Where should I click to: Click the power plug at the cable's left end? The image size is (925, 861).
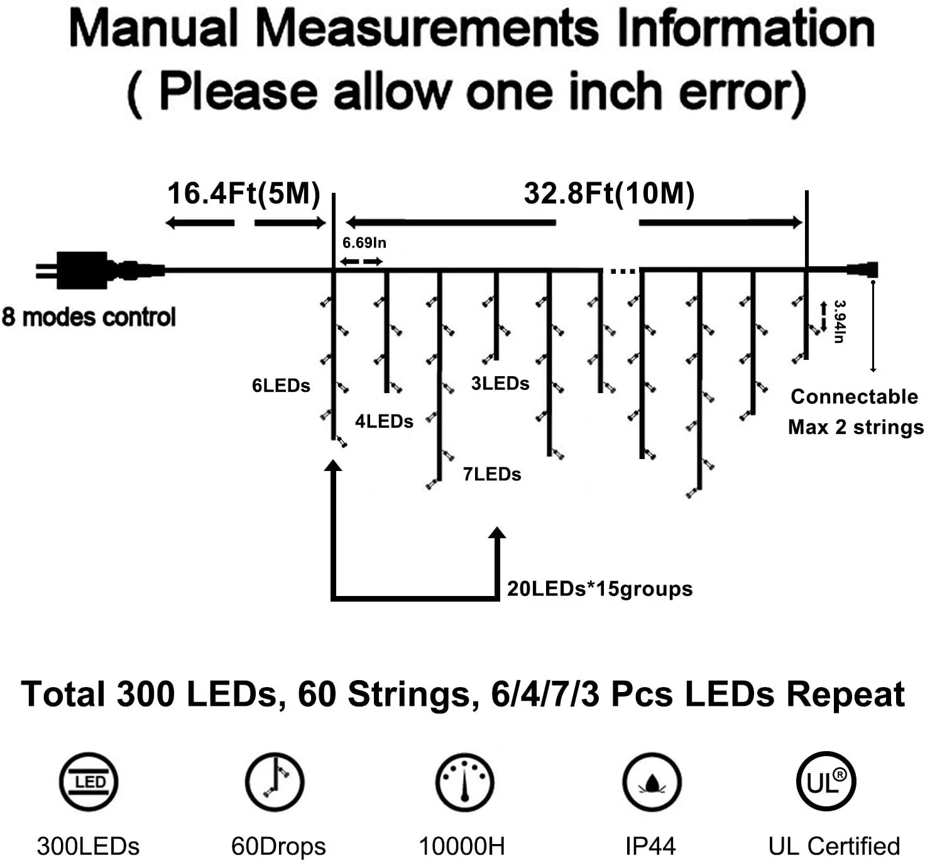[x=82, y=270]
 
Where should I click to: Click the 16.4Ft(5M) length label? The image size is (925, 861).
[x=244, y=193]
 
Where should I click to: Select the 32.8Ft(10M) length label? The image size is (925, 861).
[x=609, y=193]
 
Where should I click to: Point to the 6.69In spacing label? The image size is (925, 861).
[x=364, y=243]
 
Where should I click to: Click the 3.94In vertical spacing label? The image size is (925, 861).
[x=839, y=321]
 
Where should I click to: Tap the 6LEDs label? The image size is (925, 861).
[x=281, y=386]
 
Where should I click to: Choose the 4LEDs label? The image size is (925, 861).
[x=384, y=421]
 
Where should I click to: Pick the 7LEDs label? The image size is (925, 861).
[x=492, y=474]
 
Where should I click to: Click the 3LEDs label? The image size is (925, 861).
[x=500, y=384]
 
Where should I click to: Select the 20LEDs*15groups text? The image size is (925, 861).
[x=599, y=589]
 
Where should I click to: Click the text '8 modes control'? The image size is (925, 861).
[x=89, y=317]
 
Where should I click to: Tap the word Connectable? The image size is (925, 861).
[x=854, y=397]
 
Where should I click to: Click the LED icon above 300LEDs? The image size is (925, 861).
[x=89, y=782]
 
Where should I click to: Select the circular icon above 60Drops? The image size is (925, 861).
[x=275, y=782]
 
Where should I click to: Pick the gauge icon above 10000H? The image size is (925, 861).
[x=464, y=782]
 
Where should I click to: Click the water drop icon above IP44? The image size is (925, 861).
[x=652, y=782]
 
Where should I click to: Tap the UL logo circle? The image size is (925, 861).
[x=826, y=782]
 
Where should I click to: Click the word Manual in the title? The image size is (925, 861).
[x=153, y=28]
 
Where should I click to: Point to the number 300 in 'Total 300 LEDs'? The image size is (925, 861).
[x=145, y=695]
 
